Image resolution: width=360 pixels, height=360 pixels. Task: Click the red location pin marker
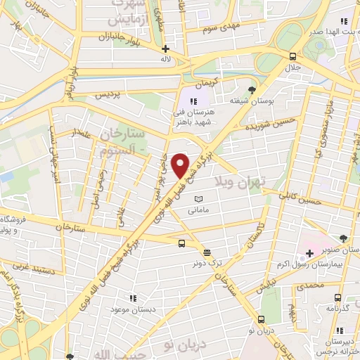(181, 165)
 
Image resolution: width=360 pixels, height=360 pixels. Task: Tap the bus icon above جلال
(292, 56)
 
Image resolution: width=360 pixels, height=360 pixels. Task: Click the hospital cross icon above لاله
(165, 49)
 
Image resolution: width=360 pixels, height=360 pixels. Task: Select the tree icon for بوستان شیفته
(252, 90)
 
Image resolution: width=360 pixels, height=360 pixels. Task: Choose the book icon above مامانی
(198, 198)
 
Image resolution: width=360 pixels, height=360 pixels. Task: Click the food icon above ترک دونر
(207, 252)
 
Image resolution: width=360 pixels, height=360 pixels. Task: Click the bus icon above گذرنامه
(337, 297)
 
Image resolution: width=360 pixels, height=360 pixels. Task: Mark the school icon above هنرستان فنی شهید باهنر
(185, 102)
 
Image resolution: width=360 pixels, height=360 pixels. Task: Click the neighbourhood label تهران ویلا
(249, 177)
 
